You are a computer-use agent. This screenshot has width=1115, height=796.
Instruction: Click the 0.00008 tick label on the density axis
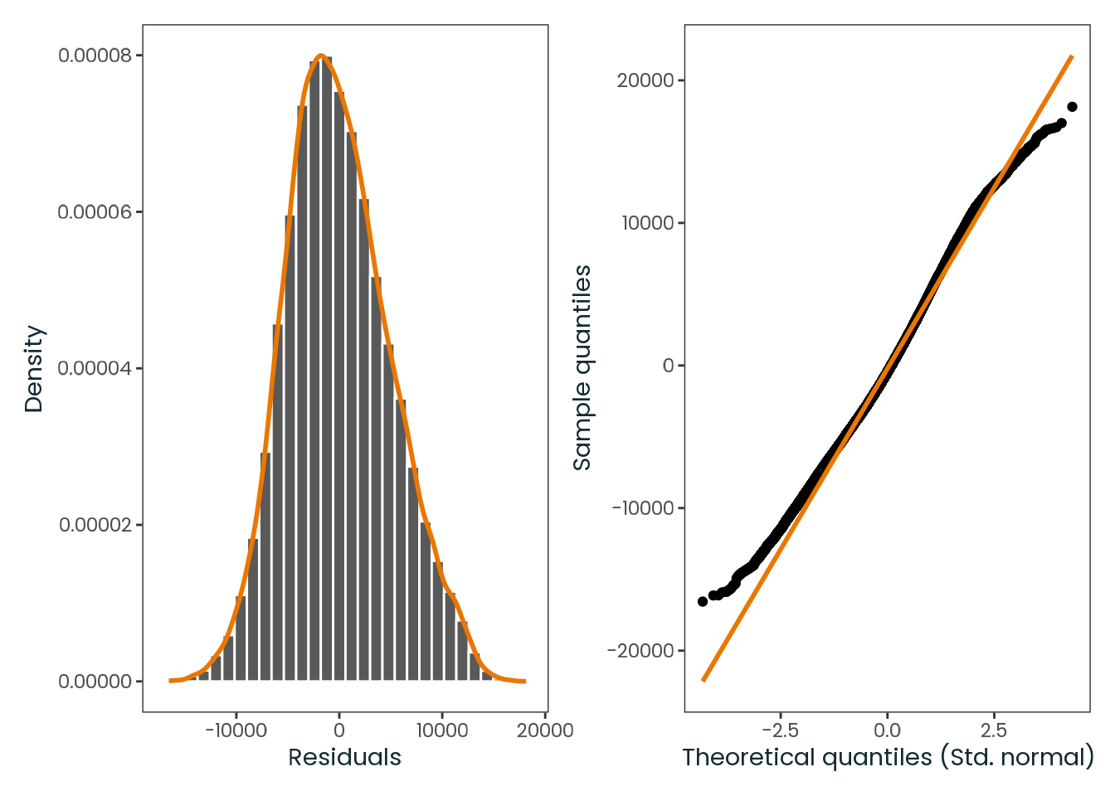[x=95, y=56]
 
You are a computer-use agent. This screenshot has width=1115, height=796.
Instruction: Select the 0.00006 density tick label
[x=95, y=212]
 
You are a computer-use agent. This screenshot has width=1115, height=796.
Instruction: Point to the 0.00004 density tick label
[x=95, y=368]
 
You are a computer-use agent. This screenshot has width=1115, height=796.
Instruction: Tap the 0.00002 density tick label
[x=95, y=525]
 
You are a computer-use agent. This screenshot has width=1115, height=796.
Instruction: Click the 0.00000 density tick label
[x=95, y=682]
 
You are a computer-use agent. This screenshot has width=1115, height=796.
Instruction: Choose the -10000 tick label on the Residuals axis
[x=236, y=730]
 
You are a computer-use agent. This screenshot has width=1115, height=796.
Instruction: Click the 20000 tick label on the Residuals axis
[x=545, y=730]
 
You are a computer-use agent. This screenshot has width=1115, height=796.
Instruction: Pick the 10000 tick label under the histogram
[x=442, y=730]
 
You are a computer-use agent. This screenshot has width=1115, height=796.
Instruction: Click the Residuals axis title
[x=344, y=758]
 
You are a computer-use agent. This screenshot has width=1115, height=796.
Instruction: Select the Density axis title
[x=34, y=369]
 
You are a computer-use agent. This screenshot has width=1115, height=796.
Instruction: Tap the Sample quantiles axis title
[x=582, y=367]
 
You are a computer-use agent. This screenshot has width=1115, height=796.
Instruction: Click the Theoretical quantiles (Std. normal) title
[x=888, y=758]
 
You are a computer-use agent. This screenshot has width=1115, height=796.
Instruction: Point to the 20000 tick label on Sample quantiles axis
[x=645, y=80]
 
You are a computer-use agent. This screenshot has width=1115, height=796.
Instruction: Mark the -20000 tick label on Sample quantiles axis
[x=640, y=650]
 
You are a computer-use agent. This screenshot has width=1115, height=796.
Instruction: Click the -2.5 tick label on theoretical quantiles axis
[x=781, y=730]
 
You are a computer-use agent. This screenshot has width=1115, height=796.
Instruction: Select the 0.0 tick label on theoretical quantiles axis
[x=888, y=730]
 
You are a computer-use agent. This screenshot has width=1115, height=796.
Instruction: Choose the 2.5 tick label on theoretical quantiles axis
[x=994, y=730]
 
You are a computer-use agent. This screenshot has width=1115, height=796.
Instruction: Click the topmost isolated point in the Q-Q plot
[x=1072, y=107]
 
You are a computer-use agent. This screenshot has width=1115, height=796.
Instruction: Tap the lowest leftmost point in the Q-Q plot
[x=703, y=601]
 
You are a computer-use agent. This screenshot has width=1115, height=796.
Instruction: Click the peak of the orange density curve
[x=321, y=56]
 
